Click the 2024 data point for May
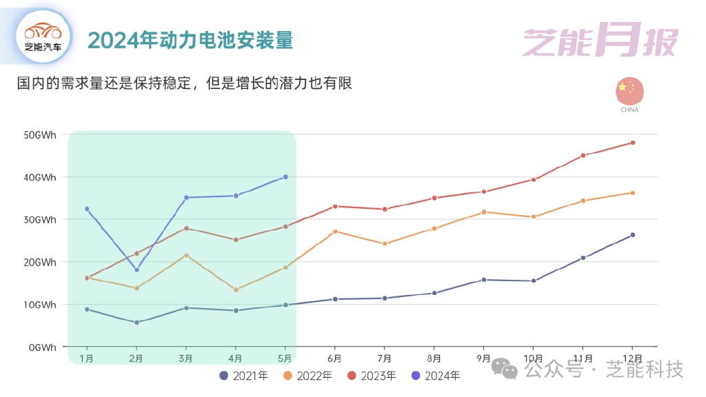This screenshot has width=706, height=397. click(x=285, y=177)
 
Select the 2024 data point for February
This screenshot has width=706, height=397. click(x=137, y=269)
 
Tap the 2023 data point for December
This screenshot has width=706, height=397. click(x=633, y=143)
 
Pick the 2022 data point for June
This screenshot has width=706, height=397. click(x=335, y=232)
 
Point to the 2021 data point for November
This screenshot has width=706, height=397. click(x=583, y=258)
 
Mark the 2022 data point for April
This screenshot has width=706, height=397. click(x=236, y=289)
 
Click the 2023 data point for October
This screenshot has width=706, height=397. click(x=534, y=180)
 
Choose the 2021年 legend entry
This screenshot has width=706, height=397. click(x=243, y=376)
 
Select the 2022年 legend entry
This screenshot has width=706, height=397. click(x=307, y=376)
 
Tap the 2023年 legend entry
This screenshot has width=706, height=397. click(x=372, y=376)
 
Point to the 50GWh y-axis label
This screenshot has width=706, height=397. click(x=39, y=134)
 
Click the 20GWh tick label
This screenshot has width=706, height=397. click(x=39, y=262)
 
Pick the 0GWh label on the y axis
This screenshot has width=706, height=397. click(x=41, y=347)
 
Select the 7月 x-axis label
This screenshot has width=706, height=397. click(x=385, y=358)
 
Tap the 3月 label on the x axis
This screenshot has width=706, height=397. click(x=186, y=358)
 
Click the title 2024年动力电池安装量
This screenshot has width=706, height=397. click(x=191, y=40)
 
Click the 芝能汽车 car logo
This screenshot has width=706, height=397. click(x=43, y=36)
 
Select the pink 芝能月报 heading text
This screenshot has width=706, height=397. click(x=600, y=41)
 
